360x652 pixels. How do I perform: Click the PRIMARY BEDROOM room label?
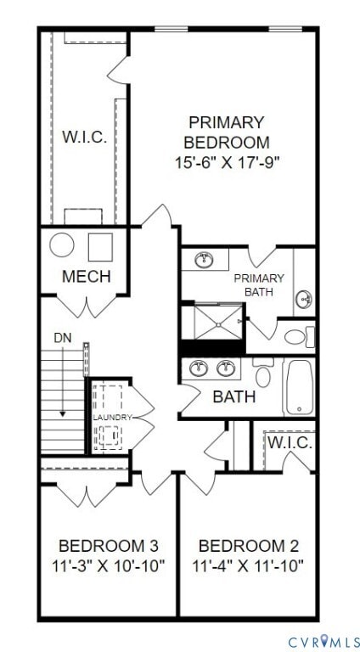point(227,132)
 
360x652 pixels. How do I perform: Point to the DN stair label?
point(63,338)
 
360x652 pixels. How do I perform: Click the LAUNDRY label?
point(112,418)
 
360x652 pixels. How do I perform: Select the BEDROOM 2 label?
point(247,545)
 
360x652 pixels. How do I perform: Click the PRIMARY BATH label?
point(259,284)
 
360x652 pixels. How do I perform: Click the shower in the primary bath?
point(211,322)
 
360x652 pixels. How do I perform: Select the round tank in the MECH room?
point(62,246)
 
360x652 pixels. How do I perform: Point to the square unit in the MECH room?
point(100,246)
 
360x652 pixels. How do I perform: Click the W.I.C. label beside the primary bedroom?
point(84,138)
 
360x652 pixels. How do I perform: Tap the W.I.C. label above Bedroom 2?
point(290,442)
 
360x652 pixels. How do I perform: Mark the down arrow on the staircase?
point(63,399)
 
